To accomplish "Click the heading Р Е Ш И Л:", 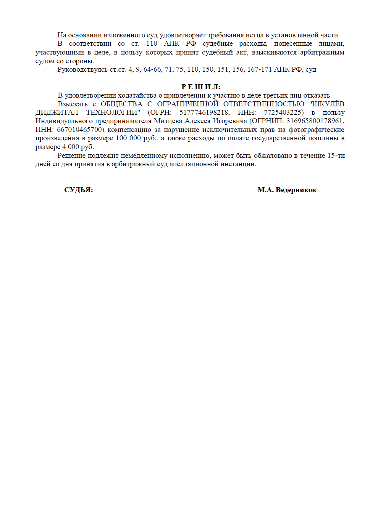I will pos(201,87).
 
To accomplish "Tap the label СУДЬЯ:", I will pos(78,190).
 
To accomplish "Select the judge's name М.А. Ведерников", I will pos(286,190).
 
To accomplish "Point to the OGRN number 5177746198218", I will pos(204,112).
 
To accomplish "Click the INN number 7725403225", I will pos(283,112).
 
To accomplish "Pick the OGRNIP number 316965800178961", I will pos(315,121).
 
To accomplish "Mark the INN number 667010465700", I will pos(80,130).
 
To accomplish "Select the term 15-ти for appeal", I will pos(336,156).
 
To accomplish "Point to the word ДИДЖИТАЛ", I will pos(57,112).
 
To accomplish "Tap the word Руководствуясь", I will pos(82,69).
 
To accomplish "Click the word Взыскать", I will pos(73,104).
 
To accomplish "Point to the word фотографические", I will pos(317,130).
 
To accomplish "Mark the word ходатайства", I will pos(137,95).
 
